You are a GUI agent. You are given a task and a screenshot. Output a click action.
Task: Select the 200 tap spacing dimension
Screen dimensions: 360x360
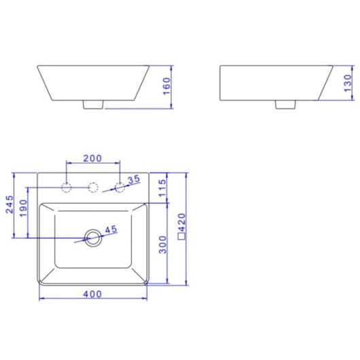pyautogui.click(x=92, y=158)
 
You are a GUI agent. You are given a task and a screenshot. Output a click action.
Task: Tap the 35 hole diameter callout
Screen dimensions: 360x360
pyautogui.click(x=134, y=179)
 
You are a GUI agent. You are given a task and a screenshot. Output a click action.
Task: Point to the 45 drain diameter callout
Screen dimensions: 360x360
pyautogui.click(x=111, y=230)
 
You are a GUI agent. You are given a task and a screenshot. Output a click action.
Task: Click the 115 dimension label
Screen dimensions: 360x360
pyautogui.click(x=162, y=187)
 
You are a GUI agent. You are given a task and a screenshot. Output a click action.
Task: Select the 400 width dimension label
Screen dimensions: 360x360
pyautogui.click(x=92, y=293)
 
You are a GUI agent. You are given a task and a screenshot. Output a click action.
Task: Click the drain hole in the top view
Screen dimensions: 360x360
pyautogui.click(x=92, y=237)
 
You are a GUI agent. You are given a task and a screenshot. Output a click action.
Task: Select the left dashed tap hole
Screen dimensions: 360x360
pyautogui.click(x=67, y=187)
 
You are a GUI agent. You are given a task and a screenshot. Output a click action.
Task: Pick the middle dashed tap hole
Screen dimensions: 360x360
pyautogui.click(x=92, y=187)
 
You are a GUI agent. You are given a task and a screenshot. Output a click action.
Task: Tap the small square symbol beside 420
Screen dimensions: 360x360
pyautogui.click(x=181, y=238)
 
